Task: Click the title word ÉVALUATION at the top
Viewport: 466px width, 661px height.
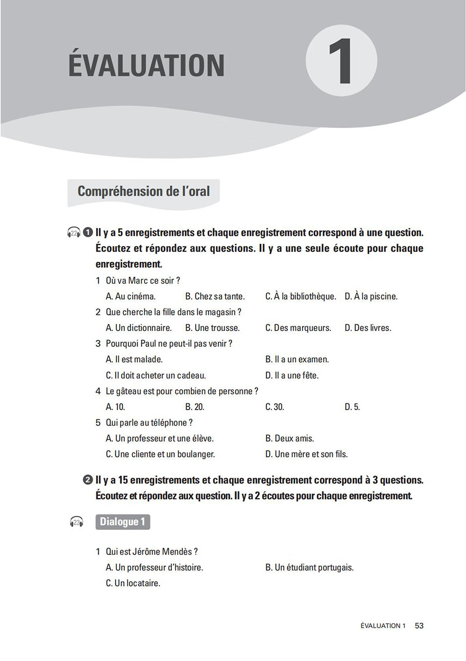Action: coord(147,66)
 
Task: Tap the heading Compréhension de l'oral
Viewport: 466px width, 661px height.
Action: coord(143,191)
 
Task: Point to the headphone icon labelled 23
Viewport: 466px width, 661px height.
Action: coord(77,522)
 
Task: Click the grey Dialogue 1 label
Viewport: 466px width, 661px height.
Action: coord(123,522)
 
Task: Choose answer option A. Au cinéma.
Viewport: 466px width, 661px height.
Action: coord(130,297)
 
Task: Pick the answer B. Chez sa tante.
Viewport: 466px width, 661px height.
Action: coord(215,297)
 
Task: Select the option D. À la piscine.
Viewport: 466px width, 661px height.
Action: coord(371,297)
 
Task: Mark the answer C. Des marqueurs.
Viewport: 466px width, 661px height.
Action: coord(298,328)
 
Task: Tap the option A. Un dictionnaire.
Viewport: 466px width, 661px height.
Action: coord(138,328)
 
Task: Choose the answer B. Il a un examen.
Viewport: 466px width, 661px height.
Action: coord(297,359)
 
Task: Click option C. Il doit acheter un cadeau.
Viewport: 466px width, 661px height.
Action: coord(155,375)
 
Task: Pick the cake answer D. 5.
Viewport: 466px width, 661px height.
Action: coord(352,407)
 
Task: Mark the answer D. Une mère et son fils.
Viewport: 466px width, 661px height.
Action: coord(307,454)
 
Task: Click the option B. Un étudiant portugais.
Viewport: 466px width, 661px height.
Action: coord(309,568)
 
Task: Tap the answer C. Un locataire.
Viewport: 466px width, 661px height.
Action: coord(133,583)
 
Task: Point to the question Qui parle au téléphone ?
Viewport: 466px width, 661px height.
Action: coord(149,423)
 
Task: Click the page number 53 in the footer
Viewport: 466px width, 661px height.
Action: coord(419,626)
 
